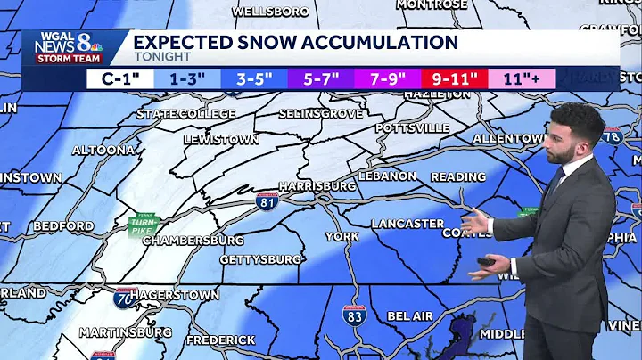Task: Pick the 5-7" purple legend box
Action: [x=320, y=78]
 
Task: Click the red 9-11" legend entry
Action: [x=454, y=78]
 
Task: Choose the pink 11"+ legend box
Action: [x=521, y=78]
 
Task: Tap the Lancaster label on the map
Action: [x=407, y=224]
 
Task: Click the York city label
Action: [x=342, y=236]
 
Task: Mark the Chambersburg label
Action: [x=193, y=241]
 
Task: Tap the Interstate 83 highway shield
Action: [x=353, y=315]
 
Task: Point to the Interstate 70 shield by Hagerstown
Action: [x=124, y=297]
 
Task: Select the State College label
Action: [x=185, y=114]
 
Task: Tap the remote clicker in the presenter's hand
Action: [x=487, y=262]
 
